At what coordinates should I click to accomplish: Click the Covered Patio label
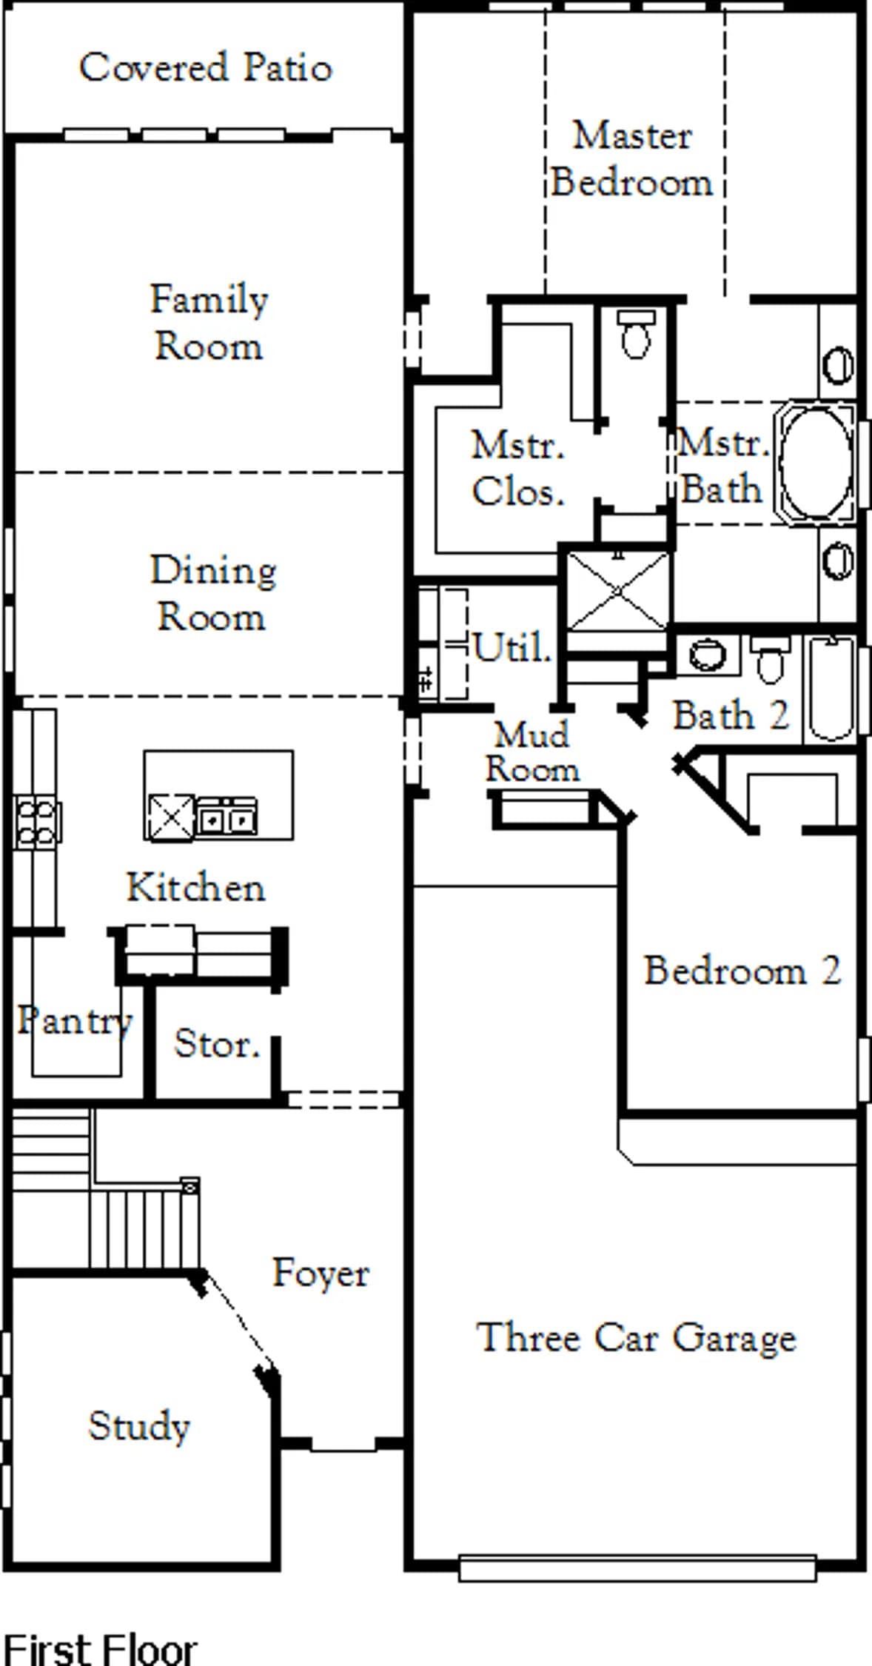pos(206,67)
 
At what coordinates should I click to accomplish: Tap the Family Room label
pos(209,322)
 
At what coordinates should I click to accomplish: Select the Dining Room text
pos(213,593)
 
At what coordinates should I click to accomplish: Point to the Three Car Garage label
pos(636,1337)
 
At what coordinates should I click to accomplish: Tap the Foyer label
pos(321,1273)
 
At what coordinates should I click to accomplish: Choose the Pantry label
pos(75,1021)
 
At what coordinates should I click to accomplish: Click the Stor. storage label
pos(217,1044)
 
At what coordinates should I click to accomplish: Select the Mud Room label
pos(532,752)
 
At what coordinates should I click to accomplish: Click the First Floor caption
pos(101,1647)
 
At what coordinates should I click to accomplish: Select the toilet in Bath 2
pos(770,659)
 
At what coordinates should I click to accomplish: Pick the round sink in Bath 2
pos(707,655)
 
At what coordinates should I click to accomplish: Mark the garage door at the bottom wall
pos(637,1568)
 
